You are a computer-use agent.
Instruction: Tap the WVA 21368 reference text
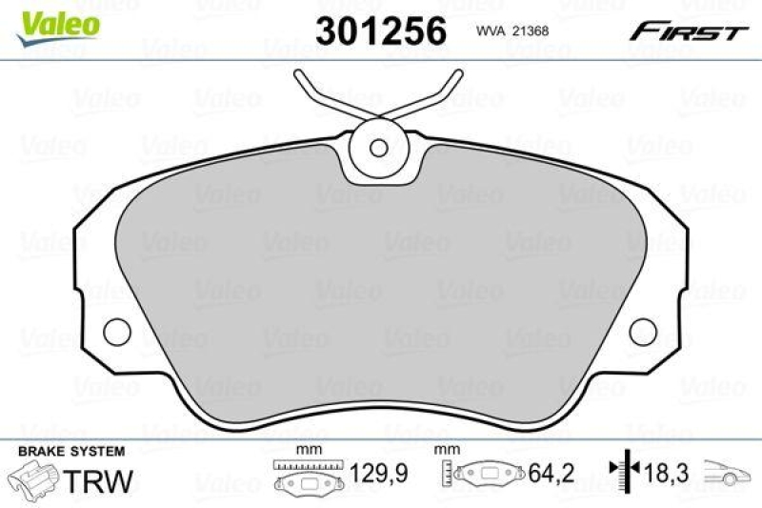pos(512,30)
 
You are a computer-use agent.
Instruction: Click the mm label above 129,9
pos(306,450)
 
